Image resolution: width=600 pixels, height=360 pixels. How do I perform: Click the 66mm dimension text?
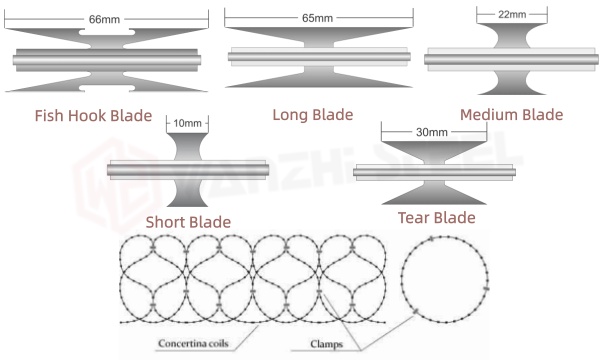coord(103,19)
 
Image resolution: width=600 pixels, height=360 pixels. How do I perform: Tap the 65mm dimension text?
coord(317,18)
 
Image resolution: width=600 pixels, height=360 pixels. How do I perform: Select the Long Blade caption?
coord(313,114)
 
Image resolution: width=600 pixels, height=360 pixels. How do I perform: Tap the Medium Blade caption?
coord(513,114)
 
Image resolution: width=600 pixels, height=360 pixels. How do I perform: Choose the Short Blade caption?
coord(188,221)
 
